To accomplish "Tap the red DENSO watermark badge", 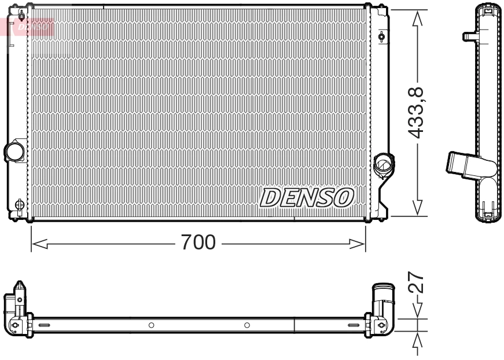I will (32, 26).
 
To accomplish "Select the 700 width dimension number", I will (198, 242).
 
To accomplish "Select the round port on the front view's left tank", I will (13, 152).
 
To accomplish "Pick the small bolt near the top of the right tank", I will (381, 37).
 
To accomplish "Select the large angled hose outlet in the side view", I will (463, 163).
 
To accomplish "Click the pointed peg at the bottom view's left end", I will (20, 288).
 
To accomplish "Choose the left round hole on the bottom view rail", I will (151, 325).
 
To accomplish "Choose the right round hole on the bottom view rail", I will (247, 325).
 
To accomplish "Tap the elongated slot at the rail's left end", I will (45, 325).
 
